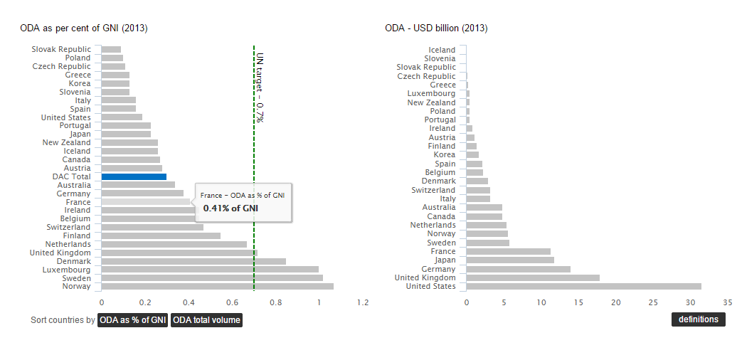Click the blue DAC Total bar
tap(134, 176)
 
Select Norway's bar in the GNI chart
tap(217, 287)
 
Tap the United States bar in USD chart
tap(583, 287)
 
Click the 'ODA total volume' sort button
tap(206, 320)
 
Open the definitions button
tap(698, 319)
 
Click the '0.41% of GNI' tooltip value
tap(230, 208)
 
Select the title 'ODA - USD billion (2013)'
tap(436, 28)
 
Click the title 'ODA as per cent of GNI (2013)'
tap(83, 28)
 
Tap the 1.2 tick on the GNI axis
tap(363, 302)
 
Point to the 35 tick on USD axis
tap(727, 302)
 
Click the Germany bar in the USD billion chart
tap(518, 269)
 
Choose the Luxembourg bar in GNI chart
tap(210, 270)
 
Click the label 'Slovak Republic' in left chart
tap(61, 49)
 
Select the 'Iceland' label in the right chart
tap(442, 50)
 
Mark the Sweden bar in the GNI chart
tap(212, 278)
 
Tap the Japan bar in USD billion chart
tap(510, 260)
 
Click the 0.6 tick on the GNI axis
tap(232, 302)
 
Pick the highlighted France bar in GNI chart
tap(146, 202)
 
